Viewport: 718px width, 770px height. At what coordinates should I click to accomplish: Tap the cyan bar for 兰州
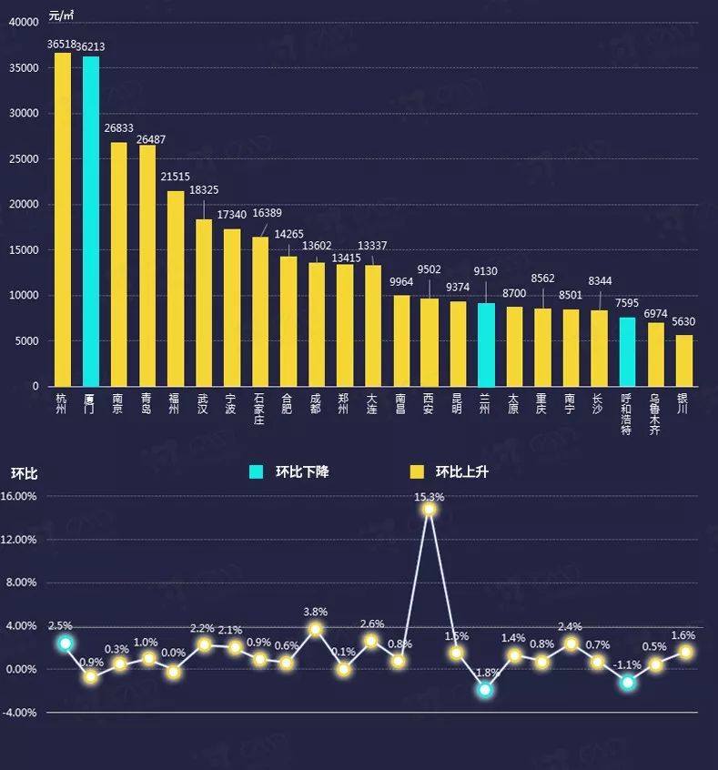click(487, 344)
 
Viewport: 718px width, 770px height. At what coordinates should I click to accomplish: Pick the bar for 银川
click(684, 360)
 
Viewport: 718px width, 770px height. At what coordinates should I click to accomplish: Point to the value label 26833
click(119, 129)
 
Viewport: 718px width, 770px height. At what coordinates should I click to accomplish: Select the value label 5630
click(684, 321)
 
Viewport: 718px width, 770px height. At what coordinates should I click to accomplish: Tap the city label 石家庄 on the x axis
click(260, 410)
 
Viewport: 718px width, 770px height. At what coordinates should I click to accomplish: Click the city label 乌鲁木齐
click(656, 415)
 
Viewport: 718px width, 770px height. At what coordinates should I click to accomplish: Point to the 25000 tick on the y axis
click(24, 159)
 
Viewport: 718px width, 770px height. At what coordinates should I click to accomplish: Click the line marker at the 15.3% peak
click(429, 509)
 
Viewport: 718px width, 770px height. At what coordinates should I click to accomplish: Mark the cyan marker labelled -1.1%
click(627, 682)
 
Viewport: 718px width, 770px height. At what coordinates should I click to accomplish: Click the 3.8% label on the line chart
click(316, 612)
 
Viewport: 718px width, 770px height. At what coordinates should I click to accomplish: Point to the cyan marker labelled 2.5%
click(65, 643)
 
